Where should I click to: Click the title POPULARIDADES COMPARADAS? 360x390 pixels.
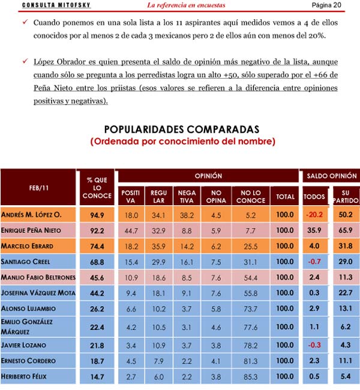pos(182,130)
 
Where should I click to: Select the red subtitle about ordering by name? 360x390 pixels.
pos(182,142)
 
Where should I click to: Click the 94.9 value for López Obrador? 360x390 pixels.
pos(97,215)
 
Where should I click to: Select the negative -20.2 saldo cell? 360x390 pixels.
pos(315,215)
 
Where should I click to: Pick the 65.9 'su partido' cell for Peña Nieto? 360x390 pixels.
pos(346,230)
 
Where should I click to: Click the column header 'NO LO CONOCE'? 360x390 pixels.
pos(251,196)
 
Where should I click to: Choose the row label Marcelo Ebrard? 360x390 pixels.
pos(28,246)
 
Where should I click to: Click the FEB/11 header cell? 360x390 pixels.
pos(39,188)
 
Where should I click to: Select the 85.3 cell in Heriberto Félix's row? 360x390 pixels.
pos(251,376)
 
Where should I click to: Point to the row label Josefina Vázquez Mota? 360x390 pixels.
pos(37,293)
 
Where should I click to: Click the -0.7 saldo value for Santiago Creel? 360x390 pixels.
pos(315,262)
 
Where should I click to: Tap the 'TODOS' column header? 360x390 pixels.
pos(315,196)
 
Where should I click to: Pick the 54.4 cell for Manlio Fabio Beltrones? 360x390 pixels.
pos(251,277)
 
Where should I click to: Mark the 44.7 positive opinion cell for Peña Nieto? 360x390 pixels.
pos(131,230)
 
